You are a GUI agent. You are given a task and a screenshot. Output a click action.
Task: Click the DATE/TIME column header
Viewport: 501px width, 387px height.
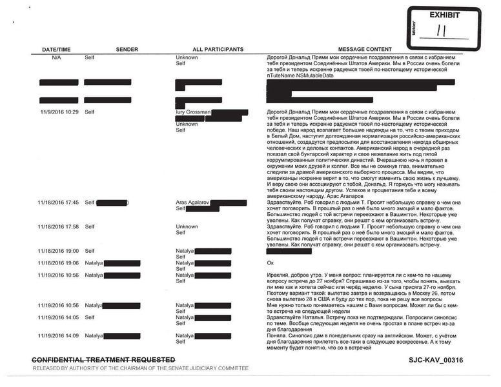point(57,50)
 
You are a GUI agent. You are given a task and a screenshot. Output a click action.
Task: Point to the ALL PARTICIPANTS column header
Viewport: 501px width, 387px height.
point(218,50)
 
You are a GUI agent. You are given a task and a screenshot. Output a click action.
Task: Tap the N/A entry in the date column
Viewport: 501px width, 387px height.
point(57,57)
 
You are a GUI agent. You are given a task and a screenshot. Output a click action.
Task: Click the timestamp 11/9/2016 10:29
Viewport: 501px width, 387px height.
point(58,112)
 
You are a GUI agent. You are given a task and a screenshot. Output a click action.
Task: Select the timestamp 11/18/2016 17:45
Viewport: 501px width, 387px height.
point(58,203)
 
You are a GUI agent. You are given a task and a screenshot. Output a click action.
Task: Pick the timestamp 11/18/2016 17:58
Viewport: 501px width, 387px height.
point(58,227)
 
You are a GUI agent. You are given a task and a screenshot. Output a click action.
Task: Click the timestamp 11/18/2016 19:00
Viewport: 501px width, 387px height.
point(58,250)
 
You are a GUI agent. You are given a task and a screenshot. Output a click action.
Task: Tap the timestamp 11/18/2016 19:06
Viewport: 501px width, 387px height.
point(58,263)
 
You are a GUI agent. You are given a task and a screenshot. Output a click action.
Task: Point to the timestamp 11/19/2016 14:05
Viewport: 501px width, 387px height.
point(58,317)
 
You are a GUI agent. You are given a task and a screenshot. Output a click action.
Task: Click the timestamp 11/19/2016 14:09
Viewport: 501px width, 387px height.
point(58,335)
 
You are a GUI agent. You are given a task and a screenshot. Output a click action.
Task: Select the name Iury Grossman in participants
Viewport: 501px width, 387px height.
point(193,112)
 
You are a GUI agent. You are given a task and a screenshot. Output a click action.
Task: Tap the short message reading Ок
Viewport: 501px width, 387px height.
point(270,263)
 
